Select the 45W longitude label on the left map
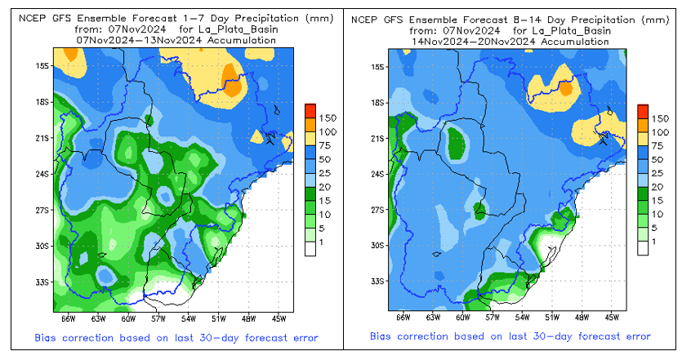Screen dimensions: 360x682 279,318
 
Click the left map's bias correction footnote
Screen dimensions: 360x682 176,337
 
